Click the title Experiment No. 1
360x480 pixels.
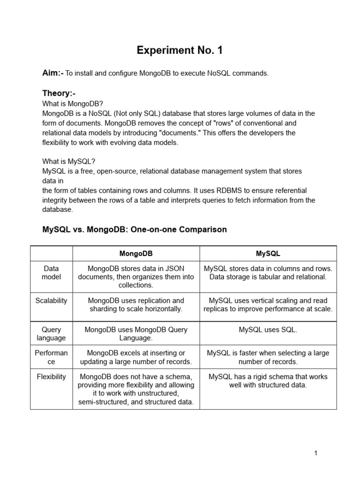tap(180, 51)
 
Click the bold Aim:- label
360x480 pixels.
tap(52, 73)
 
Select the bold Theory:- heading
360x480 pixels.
tap(59, 94)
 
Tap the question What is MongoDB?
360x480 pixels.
tap(72, 104)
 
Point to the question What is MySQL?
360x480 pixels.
tap(68, 161)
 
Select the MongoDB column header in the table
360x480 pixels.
tap(136, 254)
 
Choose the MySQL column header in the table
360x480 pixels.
tap(268, 254)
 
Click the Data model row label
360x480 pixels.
tap(51, 273)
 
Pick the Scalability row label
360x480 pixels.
tap(51, 300)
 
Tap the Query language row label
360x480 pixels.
tap(51, 334)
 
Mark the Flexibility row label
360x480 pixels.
tap(51, 376)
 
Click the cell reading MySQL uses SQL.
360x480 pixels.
tap(268, 330)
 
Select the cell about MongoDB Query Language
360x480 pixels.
tap(136, 334)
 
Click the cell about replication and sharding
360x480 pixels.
tap(136, 305)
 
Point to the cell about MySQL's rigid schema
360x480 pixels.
tap(268, 381)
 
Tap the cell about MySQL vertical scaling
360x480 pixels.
tap(268, 305)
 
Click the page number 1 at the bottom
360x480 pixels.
tap(316, 453)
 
